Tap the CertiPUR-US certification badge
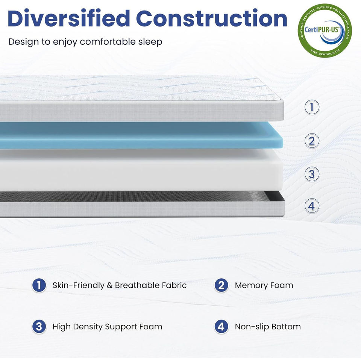pos(325,30)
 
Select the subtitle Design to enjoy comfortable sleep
pos(85,41)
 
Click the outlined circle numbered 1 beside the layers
pos(312,108)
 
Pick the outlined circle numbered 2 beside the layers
pos(312,141)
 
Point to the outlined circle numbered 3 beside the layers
pos(312,174)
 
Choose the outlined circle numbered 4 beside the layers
pos(312,206)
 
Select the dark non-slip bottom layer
pos(139,197)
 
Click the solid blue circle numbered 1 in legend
pos(39,285)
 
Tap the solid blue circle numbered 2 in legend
pos(221,285)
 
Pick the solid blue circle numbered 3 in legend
pos(39,326)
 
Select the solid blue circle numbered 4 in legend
pos(221,326)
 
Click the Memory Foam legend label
pos(264,285)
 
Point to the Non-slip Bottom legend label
pos(268,326)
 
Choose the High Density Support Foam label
pos(108,326)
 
